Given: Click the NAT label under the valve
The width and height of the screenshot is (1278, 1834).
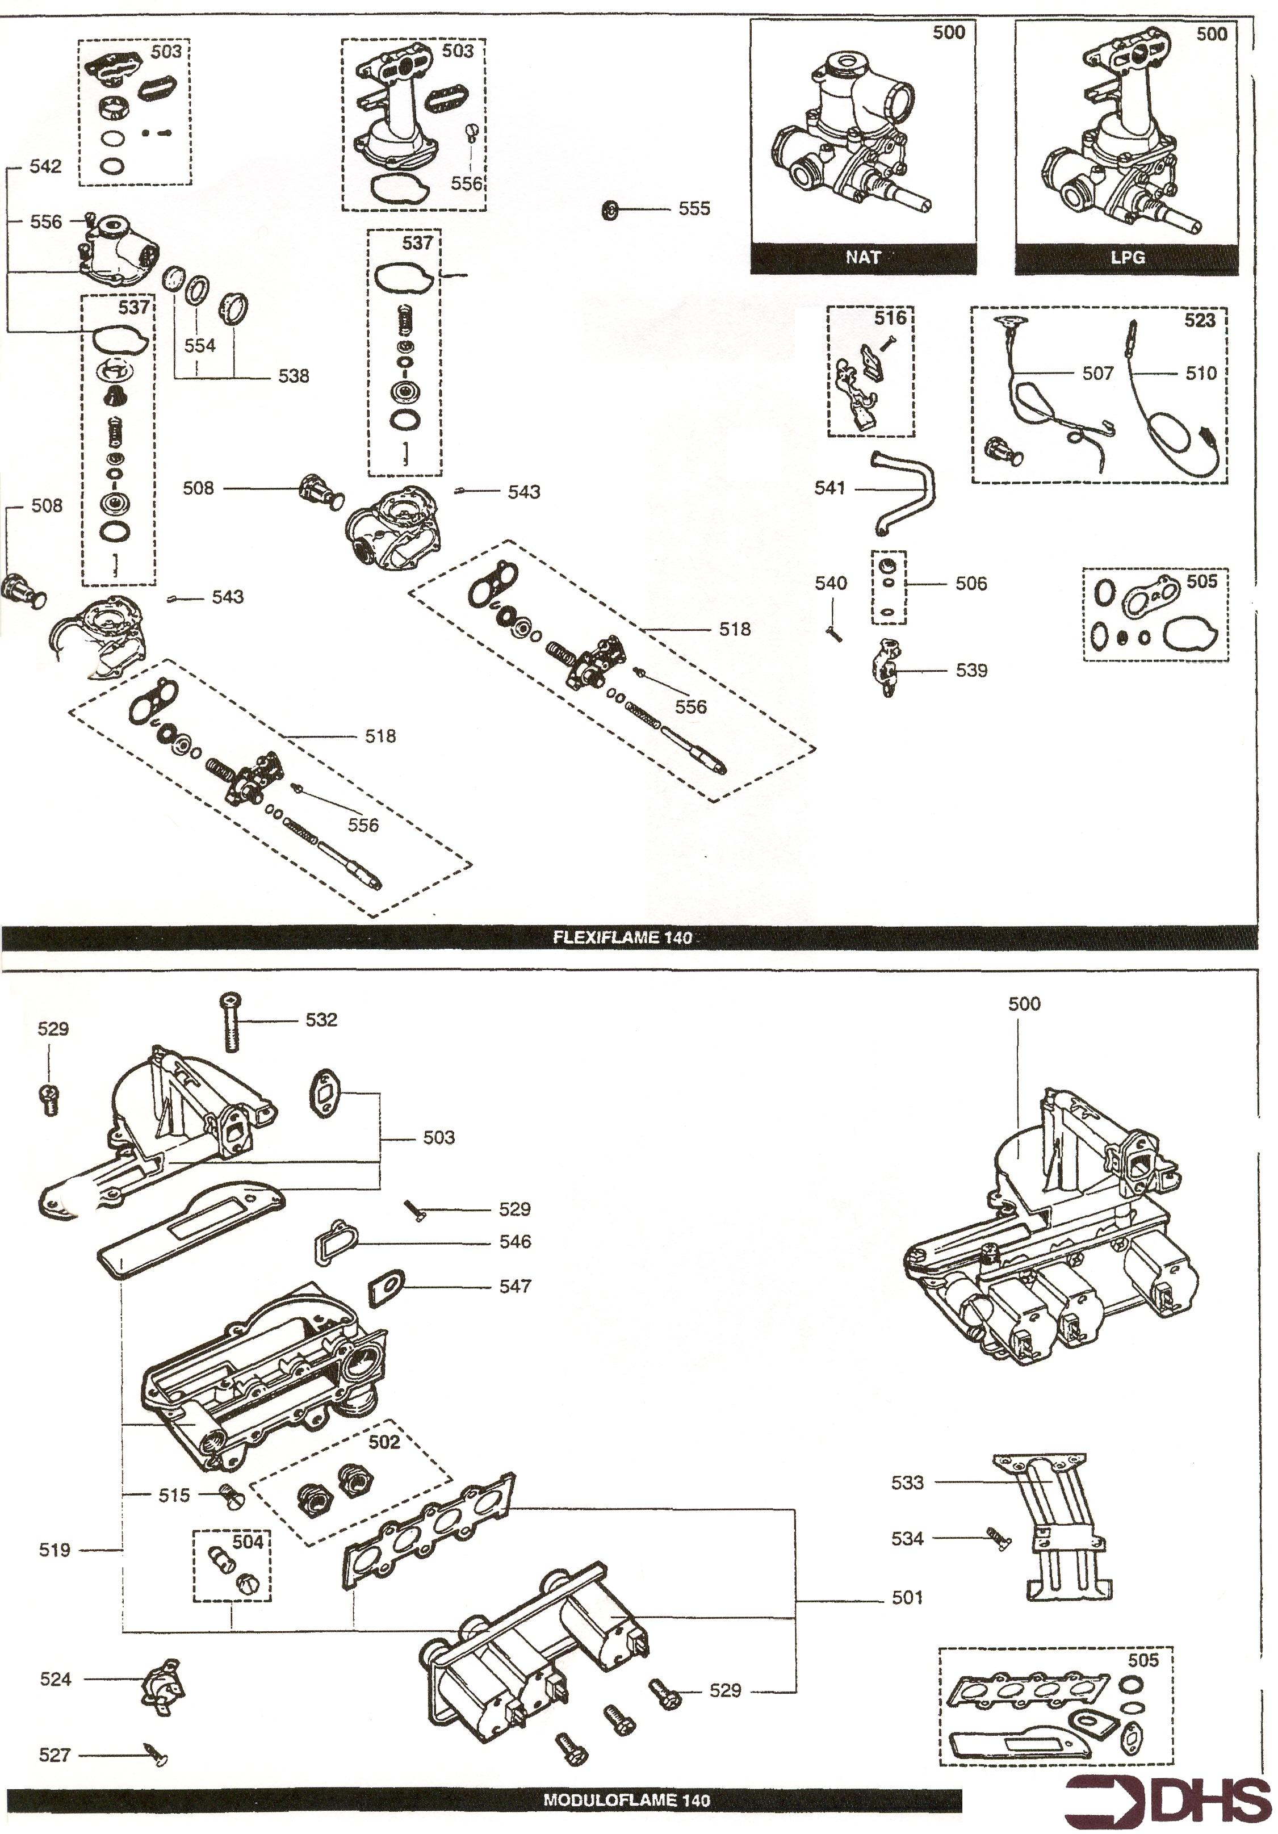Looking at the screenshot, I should pyautogui.click(x=862, y=257).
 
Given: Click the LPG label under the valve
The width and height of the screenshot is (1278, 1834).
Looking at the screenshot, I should pyautogui.click(x=1127, y=257).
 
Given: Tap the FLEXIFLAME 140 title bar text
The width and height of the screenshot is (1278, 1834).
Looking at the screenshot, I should pyautogui.click(x=622, y=938).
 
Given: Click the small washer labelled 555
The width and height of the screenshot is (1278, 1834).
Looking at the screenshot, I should pyautogui.click(x=610, y=211).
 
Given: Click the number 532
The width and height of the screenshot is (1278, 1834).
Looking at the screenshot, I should pyautogui.click(x=321, y=1020).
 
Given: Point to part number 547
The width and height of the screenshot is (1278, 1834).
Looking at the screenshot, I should pyautogui.click(x=514, y=1286).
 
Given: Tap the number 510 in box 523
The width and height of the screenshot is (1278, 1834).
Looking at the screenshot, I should pyautogui.click(x=1201, y=373).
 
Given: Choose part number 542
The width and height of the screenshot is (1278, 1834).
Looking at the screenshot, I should pyautogui.click(x=45, y=166).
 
